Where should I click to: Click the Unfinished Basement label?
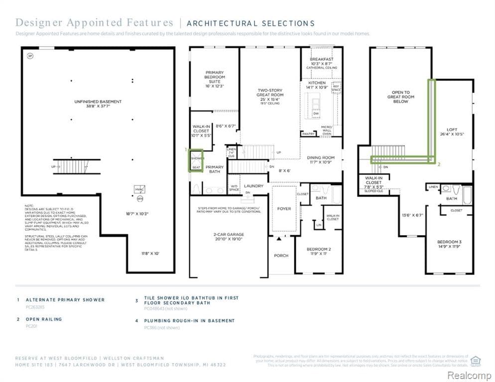coord(98,101)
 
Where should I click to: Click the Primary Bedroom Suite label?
coord(214,79)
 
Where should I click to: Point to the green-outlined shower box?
coord(196,161)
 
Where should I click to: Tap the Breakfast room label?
coord(321,59)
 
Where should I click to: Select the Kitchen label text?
coord(317,83)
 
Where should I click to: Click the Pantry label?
coord(308,134)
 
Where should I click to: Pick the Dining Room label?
coord(321,158)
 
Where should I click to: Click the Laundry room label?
coord(253,186)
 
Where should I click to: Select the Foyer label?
coord(284,208)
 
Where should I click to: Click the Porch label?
coord(281,256)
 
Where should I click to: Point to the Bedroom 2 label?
coord(319,249)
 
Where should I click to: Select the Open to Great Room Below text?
coord(400,97)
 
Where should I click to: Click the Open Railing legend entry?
coord(44,319)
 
